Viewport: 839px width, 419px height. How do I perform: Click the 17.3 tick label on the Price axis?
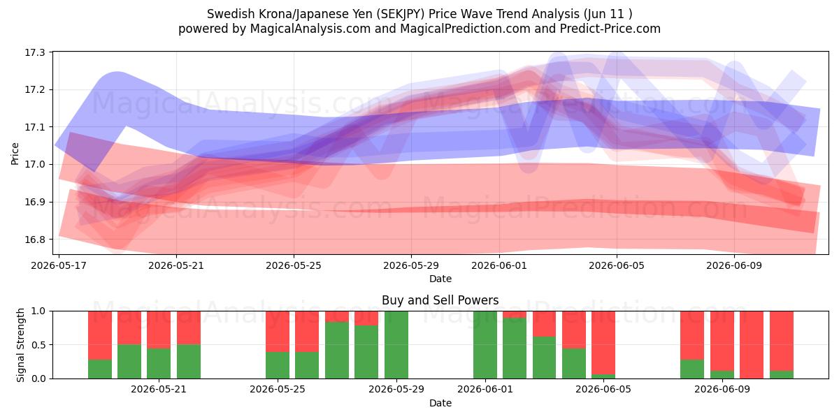tap(34, 52)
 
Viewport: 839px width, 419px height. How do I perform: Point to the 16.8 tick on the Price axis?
tap(34, 240)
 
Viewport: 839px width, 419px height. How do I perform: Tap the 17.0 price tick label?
tap(34, 165)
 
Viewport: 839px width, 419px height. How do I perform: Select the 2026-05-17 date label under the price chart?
tap(59, 265)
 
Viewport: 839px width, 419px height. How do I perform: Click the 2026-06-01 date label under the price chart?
tap(499, 265)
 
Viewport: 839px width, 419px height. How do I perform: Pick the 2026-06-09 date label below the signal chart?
tap(722, 390)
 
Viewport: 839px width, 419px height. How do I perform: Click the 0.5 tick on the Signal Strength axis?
tap(38, 345)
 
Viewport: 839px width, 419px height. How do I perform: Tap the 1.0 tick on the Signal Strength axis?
tap(38, 311)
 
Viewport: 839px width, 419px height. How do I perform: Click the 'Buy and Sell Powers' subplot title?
tap(440, 300)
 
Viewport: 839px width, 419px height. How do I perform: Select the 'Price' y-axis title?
tap(15, 154)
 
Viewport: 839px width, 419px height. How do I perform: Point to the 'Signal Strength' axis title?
tap(20, 345)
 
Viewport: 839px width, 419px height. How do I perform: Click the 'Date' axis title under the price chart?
tap(440, 279)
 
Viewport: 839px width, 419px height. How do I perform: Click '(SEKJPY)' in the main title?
tap(401, 14)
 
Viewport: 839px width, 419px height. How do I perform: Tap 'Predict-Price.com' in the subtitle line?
tap(610, 29)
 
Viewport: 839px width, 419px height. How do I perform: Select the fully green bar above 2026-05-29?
tap(396, 345)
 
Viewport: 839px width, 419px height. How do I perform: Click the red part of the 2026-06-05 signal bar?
tap(603, 343)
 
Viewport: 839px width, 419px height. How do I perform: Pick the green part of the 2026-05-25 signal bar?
tap(278, 365)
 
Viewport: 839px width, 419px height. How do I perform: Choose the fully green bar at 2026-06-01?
tap(485, 345)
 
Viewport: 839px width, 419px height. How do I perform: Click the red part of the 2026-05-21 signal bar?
tap(159, 330)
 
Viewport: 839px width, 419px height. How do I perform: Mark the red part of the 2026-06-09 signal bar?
tap(722, 341)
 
